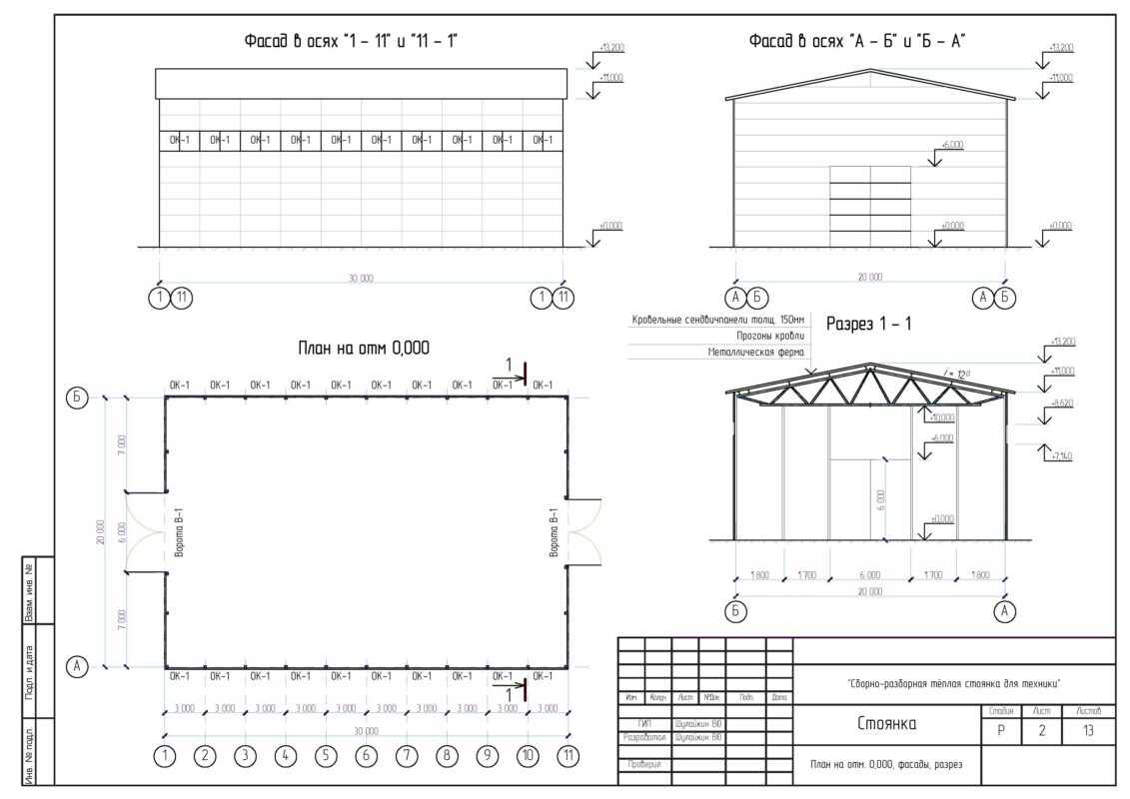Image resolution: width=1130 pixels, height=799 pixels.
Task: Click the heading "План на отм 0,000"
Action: tap(364, 349)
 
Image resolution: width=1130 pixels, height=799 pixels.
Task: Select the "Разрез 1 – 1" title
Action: tap(868, 324)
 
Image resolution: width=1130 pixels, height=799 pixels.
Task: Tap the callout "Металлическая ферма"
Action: tap(755, 353)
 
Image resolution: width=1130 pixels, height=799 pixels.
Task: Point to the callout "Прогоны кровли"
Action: tap(770, 337)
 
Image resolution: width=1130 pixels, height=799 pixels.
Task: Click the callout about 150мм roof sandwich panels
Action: tap(718, 321)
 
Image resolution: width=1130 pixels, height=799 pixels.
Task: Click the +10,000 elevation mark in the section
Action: tap(941, 416)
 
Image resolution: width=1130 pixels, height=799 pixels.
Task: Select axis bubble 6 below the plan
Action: tap(366, 756)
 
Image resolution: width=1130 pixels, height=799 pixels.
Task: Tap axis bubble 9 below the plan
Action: tap(488, 756)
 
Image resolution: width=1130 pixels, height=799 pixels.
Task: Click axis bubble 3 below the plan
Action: tap(245, 756)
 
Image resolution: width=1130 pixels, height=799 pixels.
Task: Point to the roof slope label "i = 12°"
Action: tap(956, 374)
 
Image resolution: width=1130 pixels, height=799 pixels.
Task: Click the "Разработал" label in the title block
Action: tap(643, 738)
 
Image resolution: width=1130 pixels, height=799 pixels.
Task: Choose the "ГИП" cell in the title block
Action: tap(644, 723)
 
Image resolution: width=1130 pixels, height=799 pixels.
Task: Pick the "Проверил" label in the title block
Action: tap(644, 765)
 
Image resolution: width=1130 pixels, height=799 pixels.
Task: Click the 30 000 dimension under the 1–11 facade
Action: tap(361, 279)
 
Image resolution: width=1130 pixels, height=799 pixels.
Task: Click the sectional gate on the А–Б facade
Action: tap(869, 206)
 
